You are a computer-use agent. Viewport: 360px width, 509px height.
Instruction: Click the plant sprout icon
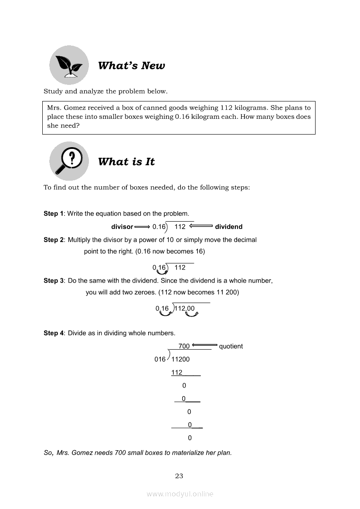click(69, 65)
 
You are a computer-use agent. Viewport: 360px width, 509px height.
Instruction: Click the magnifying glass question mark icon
click(69, 161)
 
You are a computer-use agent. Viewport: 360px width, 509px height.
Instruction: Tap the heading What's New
click(131, 66)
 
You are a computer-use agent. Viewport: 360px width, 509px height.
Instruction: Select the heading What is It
click(126, 162)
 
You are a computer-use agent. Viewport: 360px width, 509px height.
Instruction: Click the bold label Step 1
click(53, 214)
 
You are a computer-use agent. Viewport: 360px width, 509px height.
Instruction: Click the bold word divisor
click(122, 227)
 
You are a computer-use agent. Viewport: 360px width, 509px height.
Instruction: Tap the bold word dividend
click(228, 227)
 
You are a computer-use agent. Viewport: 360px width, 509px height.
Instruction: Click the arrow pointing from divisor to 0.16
click(142, 227)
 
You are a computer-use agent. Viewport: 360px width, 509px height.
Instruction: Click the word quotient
click(231, 347)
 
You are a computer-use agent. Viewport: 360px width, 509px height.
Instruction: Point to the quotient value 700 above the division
click(184, 346)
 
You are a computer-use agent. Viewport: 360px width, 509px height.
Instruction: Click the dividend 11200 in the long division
click(180, 360)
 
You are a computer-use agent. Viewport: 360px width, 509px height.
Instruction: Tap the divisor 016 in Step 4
click(160, 360)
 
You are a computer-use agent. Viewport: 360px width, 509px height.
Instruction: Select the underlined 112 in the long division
click(177, 373)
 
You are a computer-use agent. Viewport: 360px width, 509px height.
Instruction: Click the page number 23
click(179, 476)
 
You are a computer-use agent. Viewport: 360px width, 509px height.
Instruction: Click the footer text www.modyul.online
click(180, 494)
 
